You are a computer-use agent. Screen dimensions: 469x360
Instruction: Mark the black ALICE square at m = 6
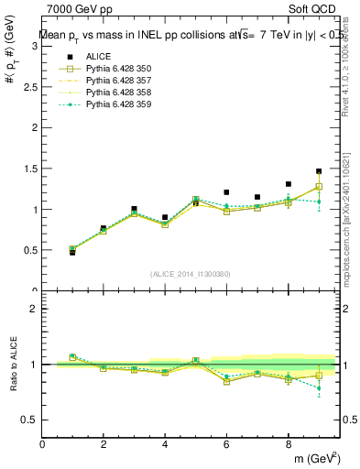coord(226,192)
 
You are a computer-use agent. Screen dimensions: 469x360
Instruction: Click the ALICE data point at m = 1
coord(72,252)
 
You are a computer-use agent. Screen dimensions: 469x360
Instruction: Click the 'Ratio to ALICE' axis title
coord(13,364)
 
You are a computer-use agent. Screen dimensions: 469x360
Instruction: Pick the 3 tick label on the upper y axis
coord(34,47)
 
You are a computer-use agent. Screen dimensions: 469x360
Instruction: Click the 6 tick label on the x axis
coord(226,443)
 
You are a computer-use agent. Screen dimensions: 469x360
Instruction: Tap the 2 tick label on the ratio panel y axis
coord(34,309)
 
